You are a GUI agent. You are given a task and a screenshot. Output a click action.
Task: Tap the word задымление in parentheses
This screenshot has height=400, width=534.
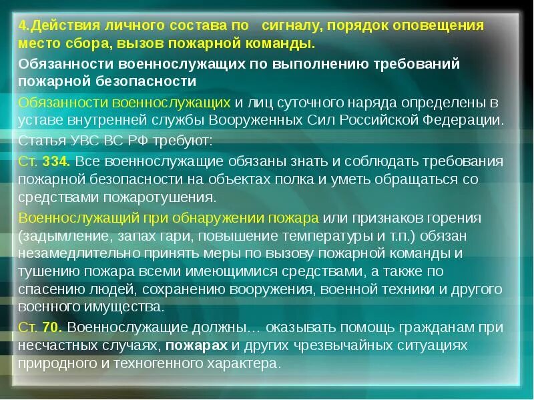pos(57,236)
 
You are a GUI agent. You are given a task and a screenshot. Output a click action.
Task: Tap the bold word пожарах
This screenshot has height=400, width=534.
pos(197,345)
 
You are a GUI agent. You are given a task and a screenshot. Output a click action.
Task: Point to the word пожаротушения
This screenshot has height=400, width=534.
pos(169,197)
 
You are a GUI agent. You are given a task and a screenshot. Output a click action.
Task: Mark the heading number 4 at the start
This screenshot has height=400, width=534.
pos(21,26)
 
